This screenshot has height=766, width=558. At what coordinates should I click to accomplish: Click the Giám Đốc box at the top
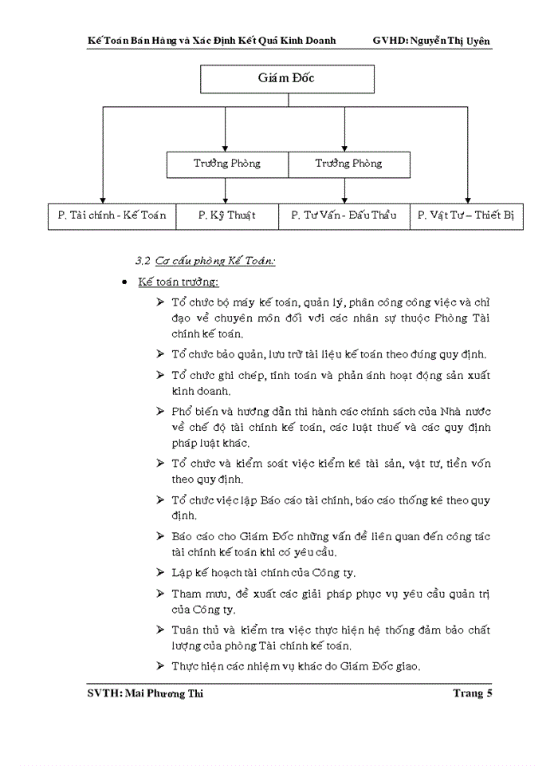(284, 80)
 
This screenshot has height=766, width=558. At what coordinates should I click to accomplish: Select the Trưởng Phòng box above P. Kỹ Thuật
(227, 164)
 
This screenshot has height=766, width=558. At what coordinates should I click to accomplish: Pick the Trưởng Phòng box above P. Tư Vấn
(348, 164)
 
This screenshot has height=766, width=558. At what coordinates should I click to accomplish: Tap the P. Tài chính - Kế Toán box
(112, 216)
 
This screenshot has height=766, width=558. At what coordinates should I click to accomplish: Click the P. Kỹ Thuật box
(226, 216)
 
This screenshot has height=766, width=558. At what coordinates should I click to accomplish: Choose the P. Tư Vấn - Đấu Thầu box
(344, 216)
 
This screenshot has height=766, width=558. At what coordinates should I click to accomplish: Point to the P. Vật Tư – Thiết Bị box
(466, 216)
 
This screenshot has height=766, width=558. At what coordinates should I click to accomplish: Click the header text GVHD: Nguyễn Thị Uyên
(432, 39)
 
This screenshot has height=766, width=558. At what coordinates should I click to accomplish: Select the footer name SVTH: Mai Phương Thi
(145, 693)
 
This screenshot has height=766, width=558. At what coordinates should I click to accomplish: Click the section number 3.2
(143, 261)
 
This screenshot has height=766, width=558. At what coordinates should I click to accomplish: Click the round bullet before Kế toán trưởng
(124, 283)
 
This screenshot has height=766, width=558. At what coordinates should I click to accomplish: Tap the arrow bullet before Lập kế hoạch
(161, 573)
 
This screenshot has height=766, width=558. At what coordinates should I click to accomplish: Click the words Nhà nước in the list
(463, 412)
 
